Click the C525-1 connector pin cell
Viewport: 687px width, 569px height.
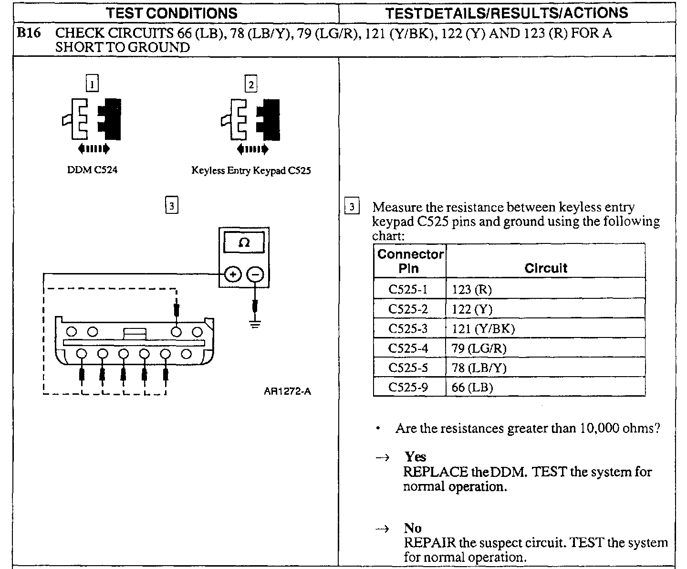pyautogui.click(x=408, y=289)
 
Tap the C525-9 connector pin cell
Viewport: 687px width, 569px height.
pyautogui.click(x=408, y=388)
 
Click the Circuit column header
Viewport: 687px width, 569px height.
pyautogui.click(x=546, y=268)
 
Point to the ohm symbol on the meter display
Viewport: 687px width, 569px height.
pyautogui.click(x=244, y=242)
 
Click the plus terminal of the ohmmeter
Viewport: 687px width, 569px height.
pyautogui.click(x=233, y=274)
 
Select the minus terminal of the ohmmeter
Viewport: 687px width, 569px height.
pyautogui.click(x=256, y=274)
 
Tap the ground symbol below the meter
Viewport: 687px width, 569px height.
pyautogui.click(x=256, y=324)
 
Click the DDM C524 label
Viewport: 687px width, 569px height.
pyautogui.click(x=92, y=170)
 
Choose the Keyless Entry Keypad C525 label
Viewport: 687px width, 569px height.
pyautogui.click(x=251, y=170)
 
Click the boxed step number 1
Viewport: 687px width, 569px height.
pyautogui.click(x=92, y=85)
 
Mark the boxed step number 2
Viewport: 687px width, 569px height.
pyautogui.click(x=251, y=85)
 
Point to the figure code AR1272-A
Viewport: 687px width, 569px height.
pyautogui.click(x=287, y=391)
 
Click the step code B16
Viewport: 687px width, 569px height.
pyautogui.click(x=28, y=33)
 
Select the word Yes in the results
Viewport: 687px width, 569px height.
pyautogui.click(x=415, y=457)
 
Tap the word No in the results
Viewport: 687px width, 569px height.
pyautogui.click(x=413, y=528)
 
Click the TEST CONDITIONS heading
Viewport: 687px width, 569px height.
pyautogui.click(x=171, y=13)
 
